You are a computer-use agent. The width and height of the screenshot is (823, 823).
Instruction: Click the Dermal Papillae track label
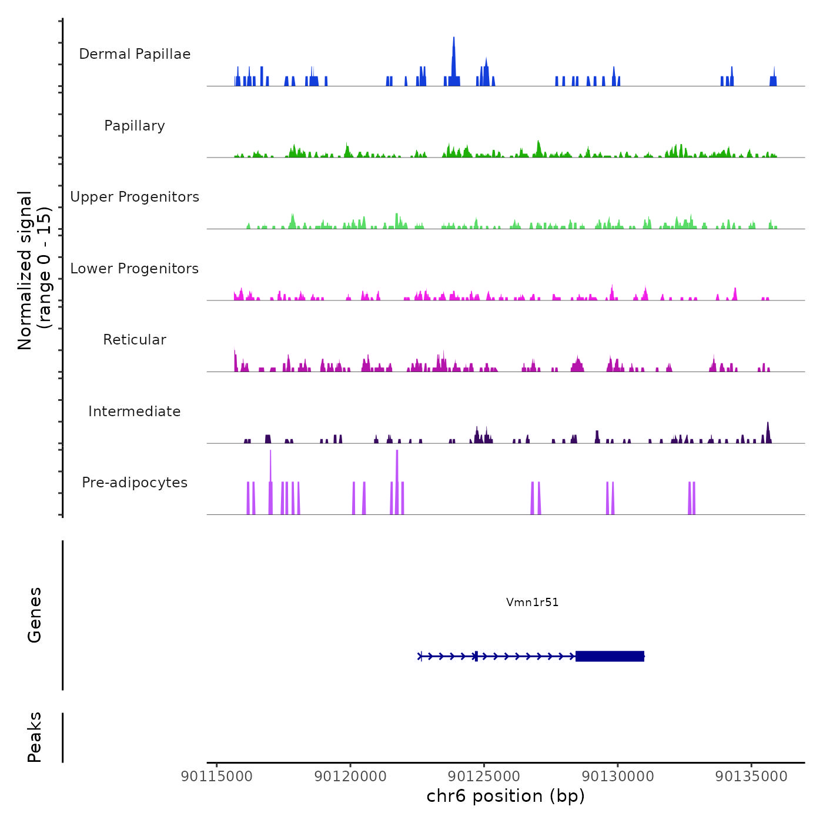pos(135,54)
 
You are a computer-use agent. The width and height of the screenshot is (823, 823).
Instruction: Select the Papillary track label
pos(135,126)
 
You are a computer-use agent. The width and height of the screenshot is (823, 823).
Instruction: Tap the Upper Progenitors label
pos(135,197)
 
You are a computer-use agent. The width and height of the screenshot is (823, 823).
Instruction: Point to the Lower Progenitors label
pos(135,269)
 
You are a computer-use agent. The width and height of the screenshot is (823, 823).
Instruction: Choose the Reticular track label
pos(135,340)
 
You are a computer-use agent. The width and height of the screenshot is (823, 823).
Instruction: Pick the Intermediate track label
pos(135,411)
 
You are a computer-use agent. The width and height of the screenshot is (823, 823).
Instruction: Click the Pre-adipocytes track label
pos(135,483)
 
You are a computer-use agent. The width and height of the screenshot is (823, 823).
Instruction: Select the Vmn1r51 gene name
pos(532,602)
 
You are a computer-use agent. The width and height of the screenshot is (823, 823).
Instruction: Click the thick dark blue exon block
pos(610,656)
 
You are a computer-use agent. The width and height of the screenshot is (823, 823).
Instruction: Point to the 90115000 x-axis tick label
pos(217,777)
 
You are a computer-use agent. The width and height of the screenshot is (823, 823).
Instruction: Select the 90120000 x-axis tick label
pos(350,777)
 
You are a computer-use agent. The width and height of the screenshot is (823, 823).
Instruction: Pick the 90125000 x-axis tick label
pos(484,777)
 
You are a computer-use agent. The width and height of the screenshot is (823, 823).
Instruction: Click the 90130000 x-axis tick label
pos(618,777)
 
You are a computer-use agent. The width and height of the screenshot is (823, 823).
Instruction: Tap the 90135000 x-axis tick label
pos(751,777)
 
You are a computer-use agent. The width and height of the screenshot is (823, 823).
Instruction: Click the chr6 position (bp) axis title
pos(506,796)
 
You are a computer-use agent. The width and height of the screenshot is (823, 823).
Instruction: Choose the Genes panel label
pos(35,615)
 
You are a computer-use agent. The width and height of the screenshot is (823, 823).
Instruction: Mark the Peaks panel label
pos(35,737)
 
